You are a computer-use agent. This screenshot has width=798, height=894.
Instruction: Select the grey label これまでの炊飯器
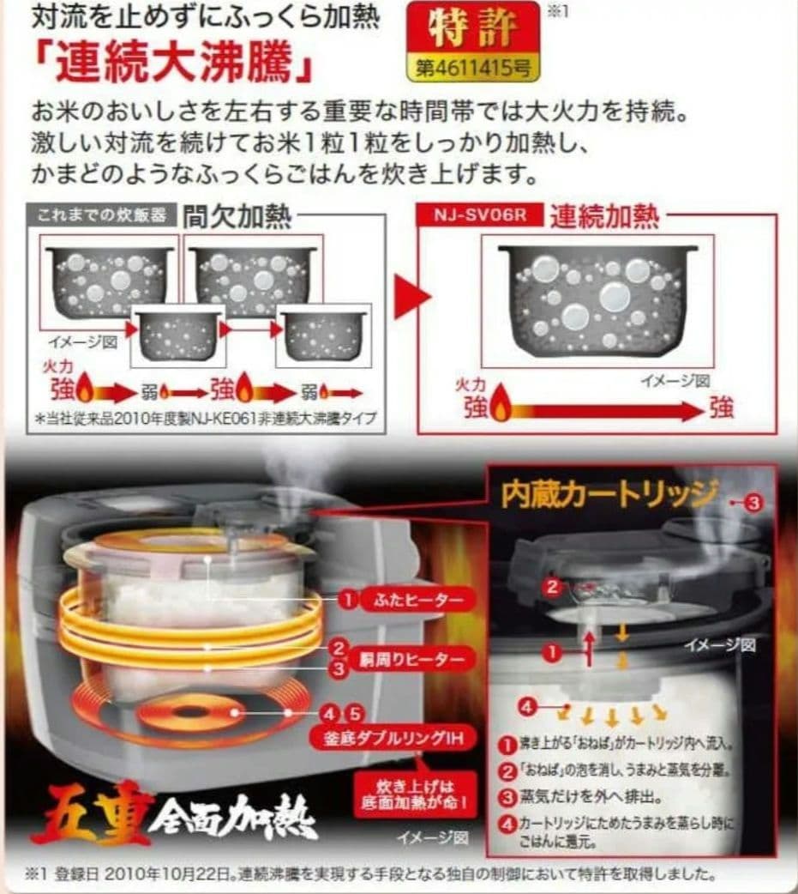click(102, 214)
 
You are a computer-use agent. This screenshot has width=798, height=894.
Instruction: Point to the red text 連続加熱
click(604, 214)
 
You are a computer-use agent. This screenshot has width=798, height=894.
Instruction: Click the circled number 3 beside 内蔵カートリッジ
click(752, 503)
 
